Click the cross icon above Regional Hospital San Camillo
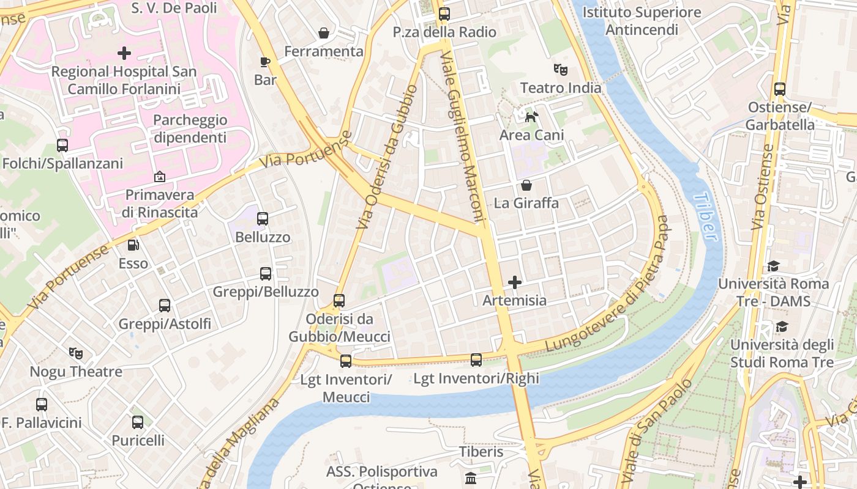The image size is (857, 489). tap(124, 53)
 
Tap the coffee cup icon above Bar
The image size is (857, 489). tap(264, 62)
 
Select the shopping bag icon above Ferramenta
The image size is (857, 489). tap(324, 33)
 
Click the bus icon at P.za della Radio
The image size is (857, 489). tap(444, 13)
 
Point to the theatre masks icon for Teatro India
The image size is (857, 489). tap(560, 69)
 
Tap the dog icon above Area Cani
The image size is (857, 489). tap(531, 116)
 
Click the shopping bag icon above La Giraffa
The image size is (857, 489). tap(526, 185)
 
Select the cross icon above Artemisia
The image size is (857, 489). tap(515, 282)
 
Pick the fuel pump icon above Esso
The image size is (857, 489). tap(133, 245)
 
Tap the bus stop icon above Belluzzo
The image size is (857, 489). tap(263, 218)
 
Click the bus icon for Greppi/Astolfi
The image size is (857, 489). tap(165, 305)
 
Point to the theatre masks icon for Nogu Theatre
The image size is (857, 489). tap(76, 353)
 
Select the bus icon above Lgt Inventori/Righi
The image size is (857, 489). tap(476, 360)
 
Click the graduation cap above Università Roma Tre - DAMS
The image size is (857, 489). tap(773, 266)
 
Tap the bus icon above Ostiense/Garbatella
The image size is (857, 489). tap(780, 89)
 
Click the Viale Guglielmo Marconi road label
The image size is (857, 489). tap(462, 138)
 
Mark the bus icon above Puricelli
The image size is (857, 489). tap(138, 422)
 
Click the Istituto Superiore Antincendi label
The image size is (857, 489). tap(642, 21)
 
